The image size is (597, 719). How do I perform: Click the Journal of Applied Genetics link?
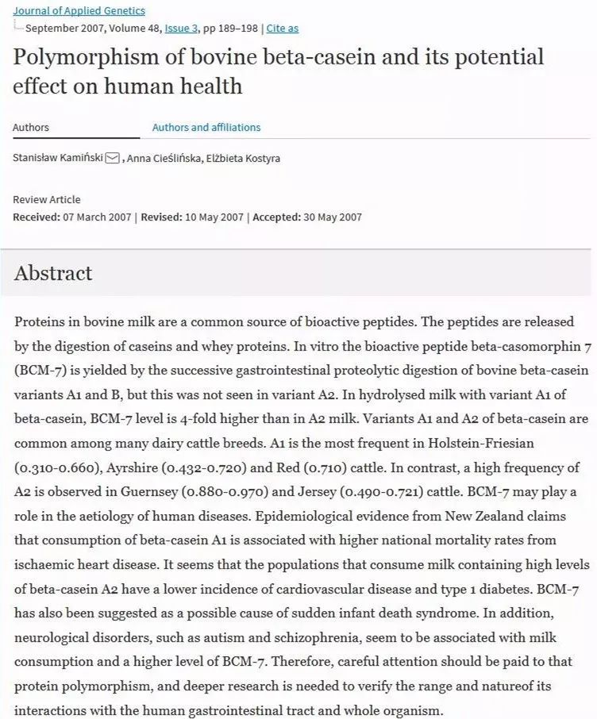pyautogui.click(x=79, y=10)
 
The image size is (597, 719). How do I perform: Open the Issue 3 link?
pyautogui.click(x=182, y=29)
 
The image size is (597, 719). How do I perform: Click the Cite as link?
pyautogui.click(x=283, y=29)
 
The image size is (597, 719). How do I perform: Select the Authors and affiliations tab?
pyautogui.click(x=206, y=127)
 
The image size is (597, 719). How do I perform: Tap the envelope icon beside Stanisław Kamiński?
pyautogui.click(x=112, y=158)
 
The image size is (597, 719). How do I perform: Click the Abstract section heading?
pyautogui.click(x=53, y=273)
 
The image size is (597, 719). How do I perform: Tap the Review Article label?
pyautogui.click(x=47, y=199)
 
